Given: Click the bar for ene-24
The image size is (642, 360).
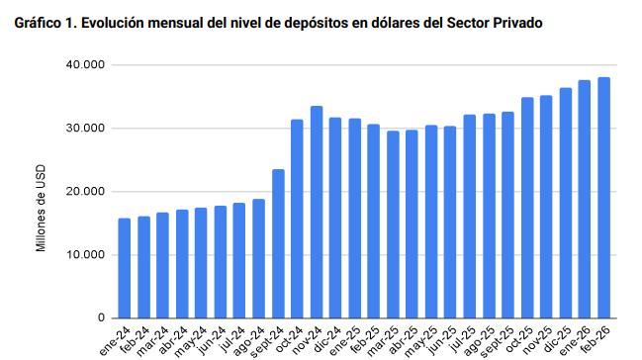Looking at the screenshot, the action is (125, 268).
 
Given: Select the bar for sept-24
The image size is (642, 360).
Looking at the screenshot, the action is (278, 243).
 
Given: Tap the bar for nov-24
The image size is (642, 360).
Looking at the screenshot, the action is (317, 212).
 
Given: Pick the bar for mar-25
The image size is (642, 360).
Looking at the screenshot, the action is (393, 225).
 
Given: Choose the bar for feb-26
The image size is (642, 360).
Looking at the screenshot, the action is (604, 198).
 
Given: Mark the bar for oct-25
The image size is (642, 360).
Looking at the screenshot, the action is (527, 208).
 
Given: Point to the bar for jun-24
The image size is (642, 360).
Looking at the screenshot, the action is (221, 262).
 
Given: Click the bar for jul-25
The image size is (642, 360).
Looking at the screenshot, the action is (470, 217).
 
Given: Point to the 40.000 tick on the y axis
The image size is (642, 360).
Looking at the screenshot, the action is (85, 64).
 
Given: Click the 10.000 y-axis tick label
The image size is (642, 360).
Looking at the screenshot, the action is (85, 255).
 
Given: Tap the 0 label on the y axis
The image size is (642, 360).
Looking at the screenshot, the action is (101, 317).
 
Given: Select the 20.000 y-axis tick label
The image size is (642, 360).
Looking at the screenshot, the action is (85, 191).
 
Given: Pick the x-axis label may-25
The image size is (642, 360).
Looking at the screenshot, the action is (420, 341).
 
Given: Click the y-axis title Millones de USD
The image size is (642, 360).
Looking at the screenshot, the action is (41, 208).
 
